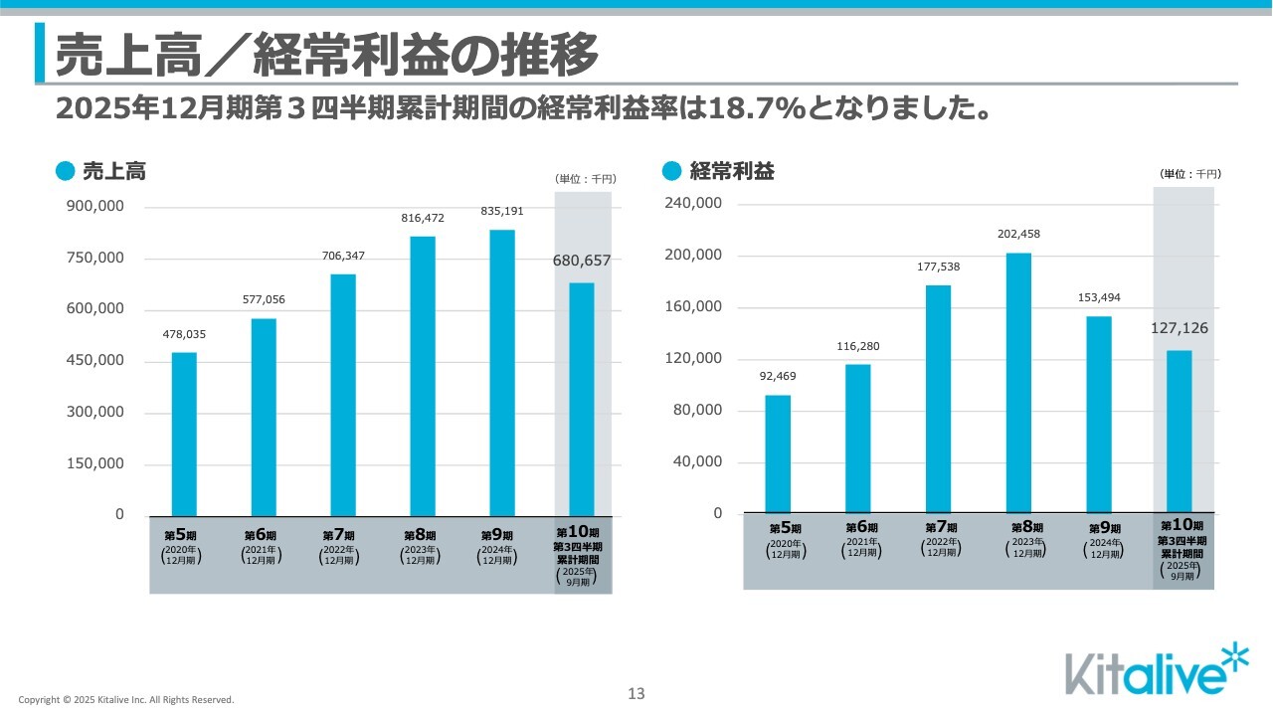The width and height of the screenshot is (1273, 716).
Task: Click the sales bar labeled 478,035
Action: pyautogui.click(x=184, y=434)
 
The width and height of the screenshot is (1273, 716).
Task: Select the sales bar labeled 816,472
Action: pyautogui.click(x=423, y=375)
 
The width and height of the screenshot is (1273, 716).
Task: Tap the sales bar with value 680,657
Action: pyautogui.click(x=582, y=398)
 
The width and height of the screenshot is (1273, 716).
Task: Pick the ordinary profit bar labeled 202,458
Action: pyautogui.click(x=1018, y=383)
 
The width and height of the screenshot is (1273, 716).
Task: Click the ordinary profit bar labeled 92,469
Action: pyautogui.click(x=778, y=453)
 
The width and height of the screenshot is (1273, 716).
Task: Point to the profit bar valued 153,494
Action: pyautogui.click(x=1099, y=414)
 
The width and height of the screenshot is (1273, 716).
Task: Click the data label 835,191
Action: pyautogui.click(x=502, y=211)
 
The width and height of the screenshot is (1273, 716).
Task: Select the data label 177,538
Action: pyautogui.click(x=938, y=267)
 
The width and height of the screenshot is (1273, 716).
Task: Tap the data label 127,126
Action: pyautogui.click(x=1179, y=328)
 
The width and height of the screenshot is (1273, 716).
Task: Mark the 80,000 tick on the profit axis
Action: pyautogui.click(x=696, y=411)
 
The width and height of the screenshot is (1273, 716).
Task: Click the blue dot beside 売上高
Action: pyautogui.click(x=66, y=171)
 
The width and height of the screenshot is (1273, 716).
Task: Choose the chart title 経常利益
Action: pyautogui.click(x=732, y=171)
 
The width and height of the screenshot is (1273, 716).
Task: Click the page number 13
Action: pyautogui.click(x=636, y=694)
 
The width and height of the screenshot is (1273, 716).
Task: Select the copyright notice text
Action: pyautogui.click(x=126, y=700)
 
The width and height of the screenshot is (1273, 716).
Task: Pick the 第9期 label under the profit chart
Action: pyautogui.click(x=1104, y=528)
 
